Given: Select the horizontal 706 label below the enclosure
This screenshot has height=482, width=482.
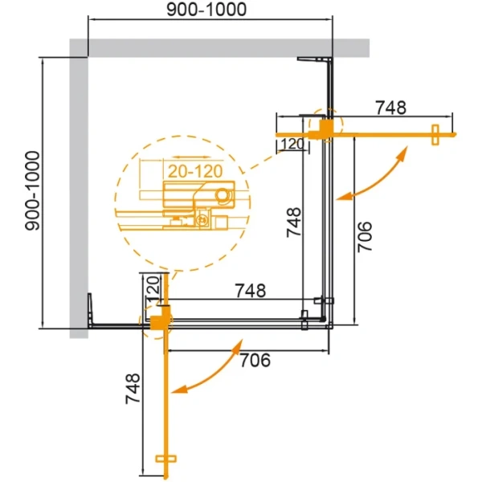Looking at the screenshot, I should click(x=254, y=359).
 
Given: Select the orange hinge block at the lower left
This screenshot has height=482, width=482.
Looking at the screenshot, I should click(x=161, y=321).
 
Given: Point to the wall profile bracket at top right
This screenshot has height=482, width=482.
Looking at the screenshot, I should click(x=316, y=60).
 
